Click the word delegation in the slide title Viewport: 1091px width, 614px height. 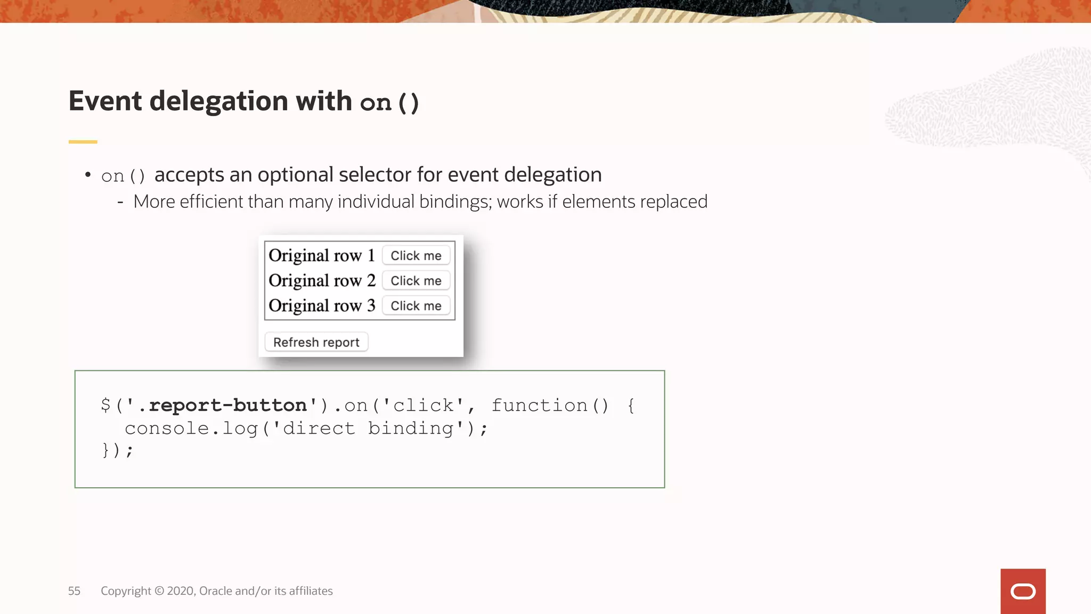coord(218,101)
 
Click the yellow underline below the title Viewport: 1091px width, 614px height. coord(83,142)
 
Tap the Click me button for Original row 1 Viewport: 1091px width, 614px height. coord(416,256)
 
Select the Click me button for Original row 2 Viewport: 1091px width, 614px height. coord(416,281)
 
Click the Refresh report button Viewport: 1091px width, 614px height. coord(316,342)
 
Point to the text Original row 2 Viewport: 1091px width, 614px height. coord(322,281)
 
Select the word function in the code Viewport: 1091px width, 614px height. coord(539,406)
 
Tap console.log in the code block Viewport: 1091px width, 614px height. coord(191,429)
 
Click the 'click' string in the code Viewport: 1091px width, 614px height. coord(424,406)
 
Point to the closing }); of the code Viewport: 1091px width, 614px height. coord(117,451)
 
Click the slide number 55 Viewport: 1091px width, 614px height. coord(74,591)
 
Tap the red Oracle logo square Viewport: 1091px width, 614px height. coord(1023,591)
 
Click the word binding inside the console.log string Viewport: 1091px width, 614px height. coord(410,429)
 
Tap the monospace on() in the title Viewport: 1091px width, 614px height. coord(389,102)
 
